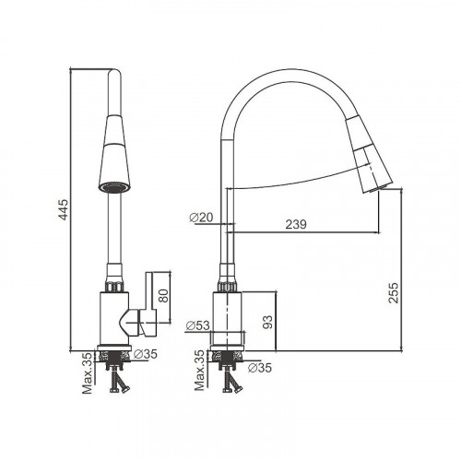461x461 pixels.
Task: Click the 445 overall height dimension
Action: click(64, 209)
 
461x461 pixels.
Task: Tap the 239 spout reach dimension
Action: click(296, 224)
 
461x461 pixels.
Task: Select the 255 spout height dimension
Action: click(393, 293)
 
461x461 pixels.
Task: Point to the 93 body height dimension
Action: click(267, 322)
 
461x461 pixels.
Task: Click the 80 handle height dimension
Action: click(163, 296)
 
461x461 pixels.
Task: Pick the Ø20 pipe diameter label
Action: click(201, 218)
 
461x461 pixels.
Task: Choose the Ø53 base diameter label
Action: click(198, 325)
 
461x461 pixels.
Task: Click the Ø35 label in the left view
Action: click(146, 354)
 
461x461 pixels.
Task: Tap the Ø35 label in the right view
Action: click(260, 368)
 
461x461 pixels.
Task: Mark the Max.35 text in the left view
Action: click(88, 372)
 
